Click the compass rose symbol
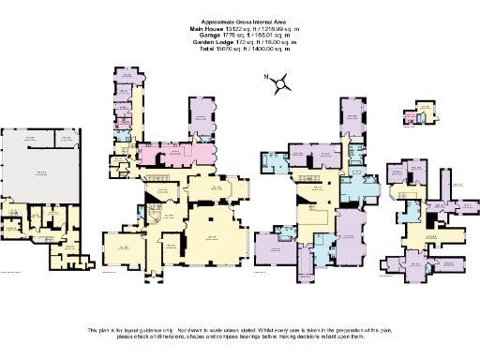pos(280,85)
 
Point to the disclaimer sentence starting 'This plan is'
pos(240,333)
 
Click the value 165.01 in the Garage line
pos(262,36)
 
